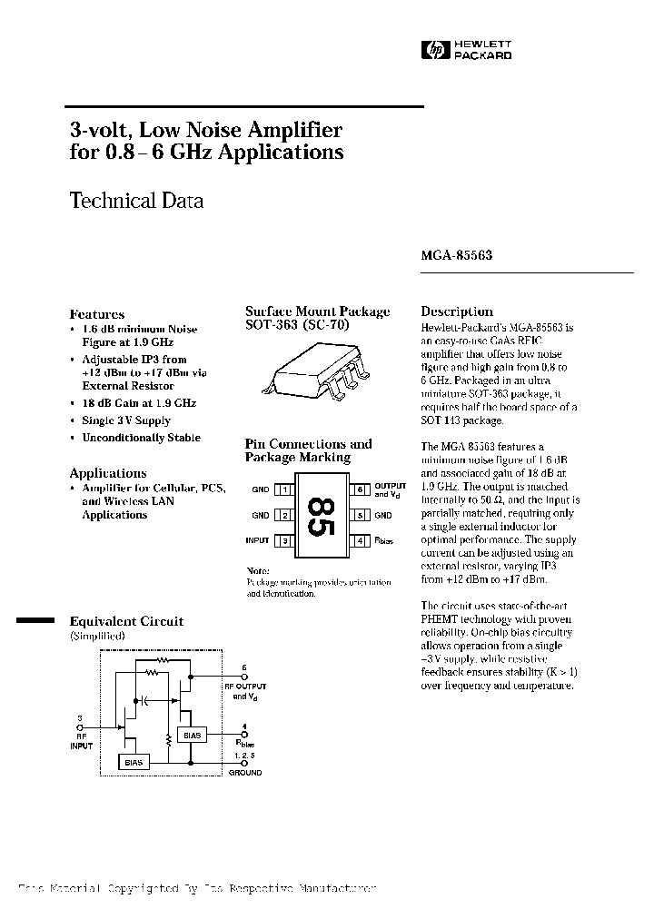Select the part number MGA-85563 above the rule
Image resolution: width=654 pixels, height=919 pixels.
click(x=456, y=256)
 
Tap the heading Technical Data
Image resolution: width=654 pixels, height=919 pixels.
click(x=136, y=201)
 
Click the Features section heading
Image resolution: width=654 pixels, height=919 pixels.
click(x=97, y=314)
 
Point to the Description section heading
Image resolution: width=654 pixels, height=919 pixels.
click(x=457, y=311)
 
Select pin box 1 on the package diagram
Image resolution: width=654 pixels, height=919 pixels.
click(x=285, y=490)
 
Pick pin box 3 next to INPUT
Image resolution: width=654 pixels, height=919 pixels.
click(x=285, y=541)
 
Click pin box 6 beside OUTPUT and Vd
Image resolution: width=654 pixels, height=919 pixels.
click(x=360, y=490)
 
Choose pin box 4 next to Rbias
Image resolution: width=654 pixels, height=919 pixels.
click(x=360, y=541)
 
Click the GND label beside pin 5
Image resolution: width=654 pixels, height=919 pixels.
click(x=383, y=516)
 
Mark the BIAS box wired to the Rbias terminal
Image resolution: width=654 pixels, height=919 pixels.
click(x=193, y=734)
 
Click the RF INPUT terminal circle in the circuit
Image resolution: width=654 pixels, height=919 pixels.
click(x=81, y=727)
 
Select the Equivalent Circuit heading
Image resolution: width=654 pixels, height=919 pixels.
click(x=126, y=622)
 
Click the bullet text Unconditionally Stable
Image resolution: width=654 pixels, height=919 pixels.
click(x=142, y=438)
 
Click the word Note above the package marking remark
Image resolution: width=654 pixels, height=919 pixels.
click(x=258, y=569)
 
